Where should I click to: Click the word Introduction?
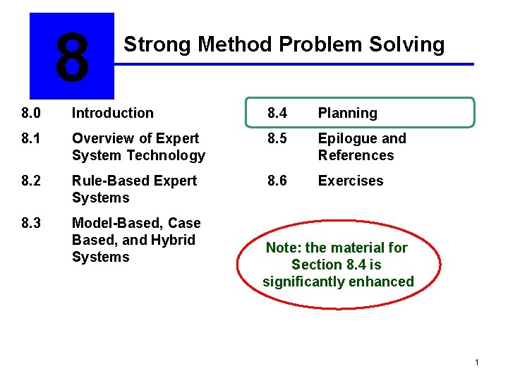pos(112,113)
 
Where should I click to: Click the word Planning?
pos(347,113)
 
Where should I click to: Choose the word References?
pos(356,155)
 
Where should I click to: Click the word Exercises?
pos(350,181)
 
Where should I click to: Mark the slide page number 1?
pos(477,363)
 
